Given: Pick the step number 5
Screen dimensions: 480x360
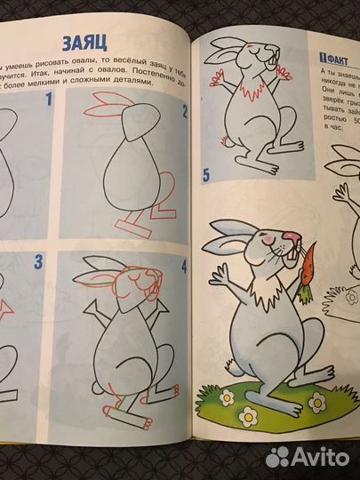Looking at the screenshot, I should [x=206, y=173].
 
